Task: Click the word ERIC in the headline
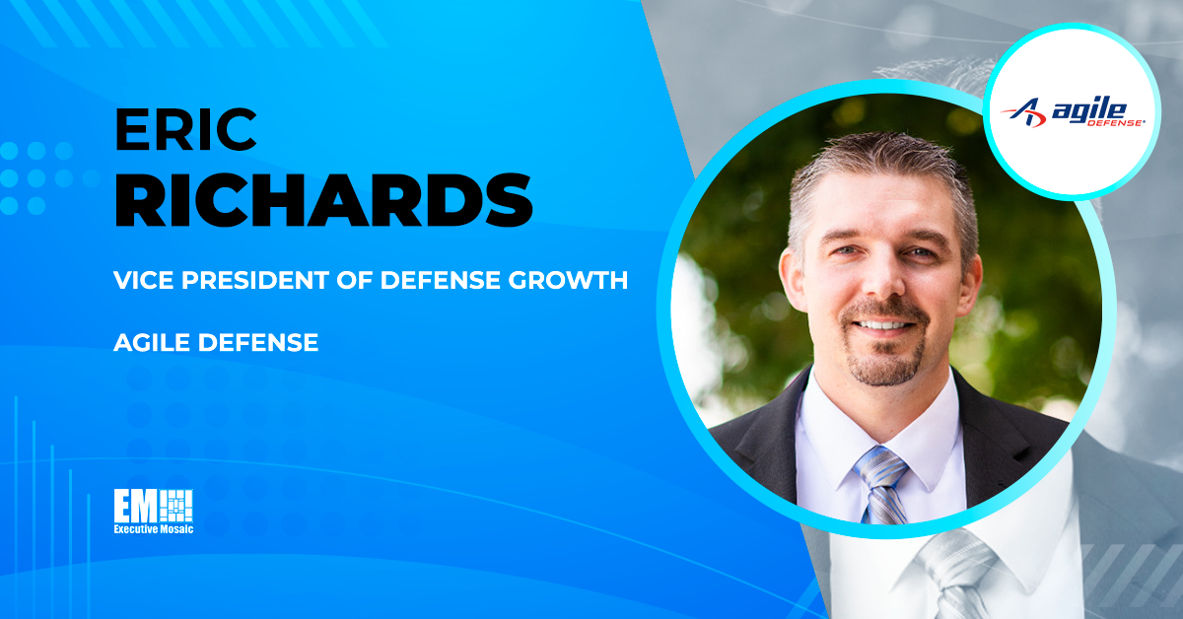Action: click(185, 129)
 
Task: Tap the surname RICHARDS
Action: click(323, 200)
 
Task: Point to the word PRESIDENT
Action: click(255, 280)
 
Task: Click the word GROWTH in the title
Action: click(568, 280)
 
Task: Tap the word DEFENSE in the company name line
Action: click(258, 342)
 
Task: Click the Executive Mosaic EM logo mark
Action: click(153, 506)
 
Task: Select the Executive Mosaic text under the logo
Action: click(154, 529)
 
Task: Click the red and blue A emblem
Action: click(1025, 113)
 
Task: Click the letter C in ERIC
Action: click(236, 130)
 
